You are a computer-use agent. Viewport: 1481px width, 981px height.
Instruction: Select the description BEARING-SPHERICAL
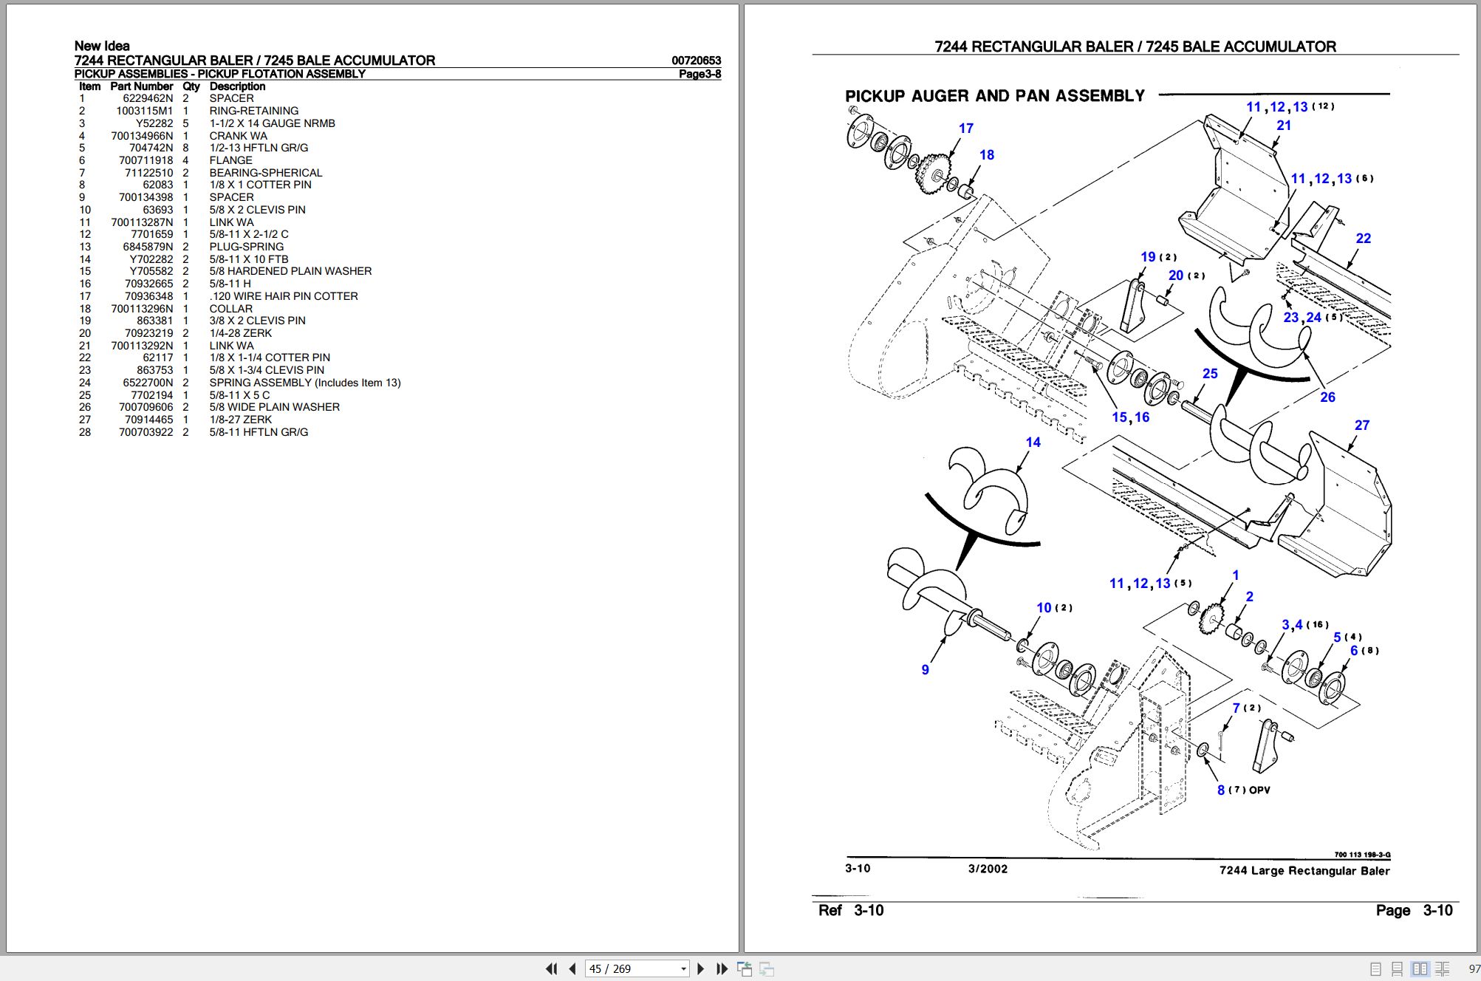(265, 173)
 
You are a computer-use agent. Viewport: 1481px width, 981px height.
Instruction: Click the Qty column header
(191, 86)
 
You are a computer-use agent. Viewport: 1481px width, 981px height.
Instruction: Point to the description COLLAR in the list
(230, 309)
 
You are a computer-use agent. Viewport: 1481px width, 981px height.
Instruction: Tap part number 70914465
(148, 420)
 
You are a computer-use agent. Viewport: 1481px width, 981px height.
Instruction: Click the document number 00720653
(696, 61)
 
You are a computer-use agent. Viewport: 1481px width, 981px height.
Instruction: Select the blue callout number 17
(965, 129)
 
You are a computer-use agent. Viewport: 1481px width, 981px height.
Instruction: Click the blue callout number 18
(986, 155)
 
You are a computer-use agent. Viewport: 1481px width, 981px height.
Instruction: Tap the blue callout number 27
(1361, 425)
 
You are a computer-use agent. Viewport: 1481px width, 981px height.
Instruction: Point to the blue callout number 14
(1033, 442)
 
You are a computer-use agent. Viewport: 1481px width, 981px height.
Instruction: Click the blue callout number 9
(925, 670)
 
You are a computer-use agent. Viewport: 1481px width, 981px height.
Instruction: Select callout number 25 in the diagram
(1209, 374)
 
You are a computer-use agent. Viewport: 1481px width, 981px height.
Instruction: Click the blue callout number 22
(1363, 239)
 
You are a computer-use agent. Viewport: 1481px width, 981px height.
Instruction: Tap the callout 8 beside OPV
(1220, 790)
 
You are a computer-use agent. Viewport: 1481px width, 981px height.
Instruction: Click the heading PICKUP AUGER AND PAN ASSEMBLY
(994, 96)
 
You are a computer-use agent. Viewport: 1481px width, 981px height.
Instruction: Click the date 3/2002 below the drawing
(988, 869)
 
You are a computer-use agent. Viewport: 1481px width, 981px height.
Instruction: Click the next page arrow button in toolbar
(700, 969)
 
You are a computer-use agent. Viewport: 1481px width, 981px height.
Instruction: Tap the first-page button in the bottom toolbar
(551, 969)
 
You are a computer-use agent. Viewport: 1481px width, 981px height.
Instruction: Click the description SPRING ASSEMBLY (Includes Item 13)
(304, 383)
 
